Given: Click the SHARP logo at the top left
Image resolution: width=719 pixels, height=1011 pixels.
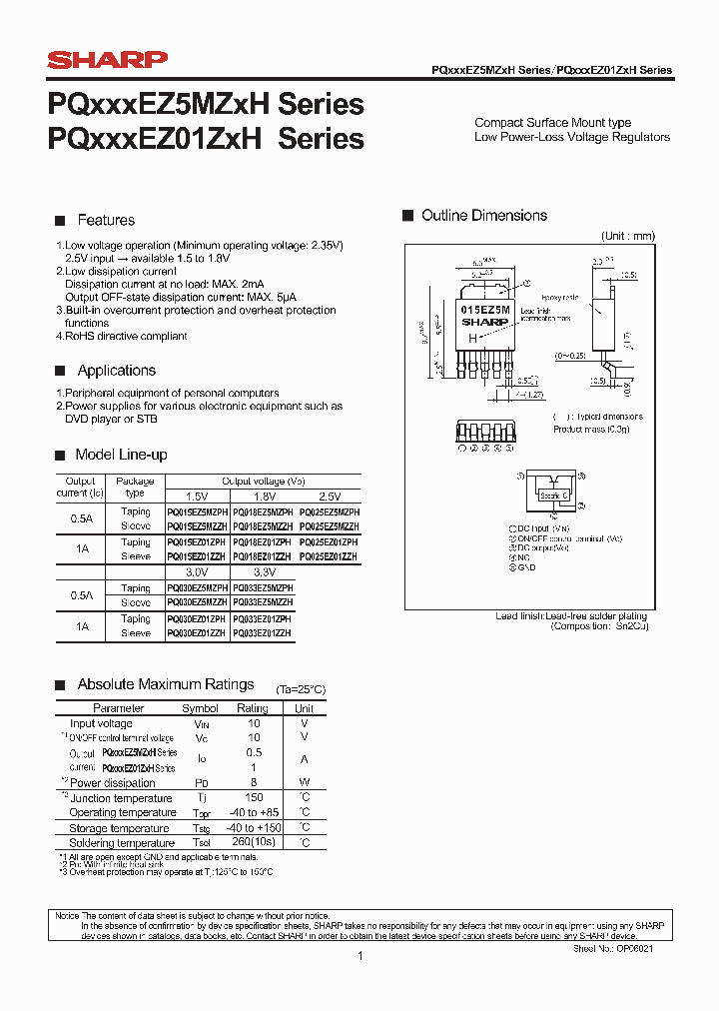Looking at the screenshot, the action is point(107,61).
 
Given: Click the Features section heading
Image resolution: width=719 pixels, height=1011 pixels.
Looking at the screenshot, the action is point(105,220).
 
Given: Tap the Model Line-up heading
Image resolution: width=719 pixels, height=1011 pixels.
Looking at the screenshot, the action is point(122,455).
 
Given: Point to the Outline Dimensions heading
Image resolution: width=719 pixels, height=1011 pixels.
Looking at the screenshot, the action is point(484,216).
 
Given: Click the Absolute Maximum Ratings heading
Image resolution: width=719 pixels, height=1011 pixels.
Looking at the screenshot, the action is point(166,684).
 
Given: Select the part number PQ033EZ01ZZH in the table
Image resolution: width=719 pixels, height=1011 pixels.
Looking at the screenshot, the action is point(263,633).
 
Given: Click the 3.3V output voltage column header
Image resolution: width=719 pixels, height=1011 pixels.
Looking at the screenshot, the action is point(264,572).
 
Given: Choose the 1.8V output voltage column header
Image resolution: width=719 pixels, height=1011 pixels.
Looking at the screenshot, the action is point(264,497).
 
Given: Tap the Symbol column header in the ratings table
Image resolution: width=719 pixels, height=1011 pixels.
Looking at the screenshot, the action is point(200,708).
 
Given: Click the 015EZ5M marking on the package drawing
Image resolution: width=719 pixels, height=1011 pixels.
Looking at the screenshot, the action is point(484,311).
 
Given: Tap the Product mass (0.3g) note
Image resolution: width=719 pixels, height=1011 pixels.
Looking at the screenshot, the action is point(591,429).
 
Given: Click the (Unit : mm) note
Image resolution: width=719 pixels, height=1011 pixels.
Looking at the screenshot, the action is point(627,236).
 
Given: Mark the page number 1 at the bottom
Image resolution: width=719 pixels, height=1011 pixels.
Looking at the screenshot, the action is point(359,956).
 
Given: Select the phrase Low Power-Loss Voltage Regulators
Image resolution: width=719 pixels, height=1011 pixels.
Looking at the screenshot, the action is point(572,137).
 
